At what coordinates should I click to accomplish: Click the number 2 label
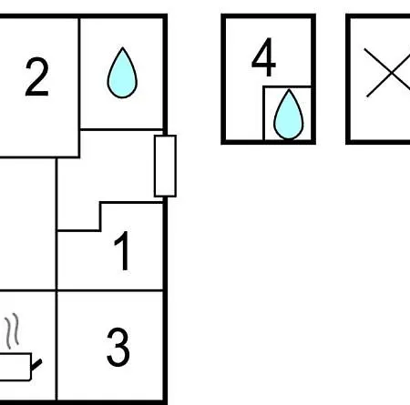[x=36, y=76]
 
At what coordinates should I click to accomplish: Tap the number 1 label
[x=122, y=250]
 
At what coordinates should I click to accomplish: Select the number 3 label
[x=118, y=347]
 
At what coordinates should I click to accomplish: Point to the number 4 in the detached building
[x=263, y=57]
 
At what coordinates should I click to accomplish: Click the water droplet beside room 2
[x=122, y=73]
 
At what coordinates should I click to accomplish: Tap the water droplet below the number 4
[x=288, y=115]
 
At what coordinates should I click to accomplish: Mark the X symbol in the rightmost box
[x=387, y=73]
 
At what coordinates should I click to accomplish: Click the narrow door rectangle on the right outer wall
[x=165, y=166]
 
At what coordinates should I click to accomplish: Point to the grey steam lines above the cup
[x=12, y=331]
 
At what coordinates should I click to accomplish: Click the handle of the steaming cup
[x=36, y=365]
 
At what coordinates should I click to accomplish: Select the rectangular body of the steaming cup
[x=15, y=367]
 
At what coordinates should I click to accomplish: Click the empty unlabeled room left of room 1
[x=27, y=225]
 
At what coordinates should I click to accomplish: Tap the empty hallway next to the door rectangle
[x=107, y=170]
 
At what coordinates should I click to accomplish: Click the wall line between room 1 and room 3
[x=110, y=291]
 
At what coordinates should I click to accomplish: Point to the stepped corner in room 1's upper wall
[x=100, y=202]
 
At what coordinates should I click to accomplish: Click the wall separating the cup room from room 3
[x=56, y=345]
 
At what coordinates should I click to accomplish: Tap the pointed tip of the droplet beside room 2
[x=122, y=47]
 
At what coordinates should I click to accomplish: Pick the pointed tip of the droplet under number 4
[x=289, y=89]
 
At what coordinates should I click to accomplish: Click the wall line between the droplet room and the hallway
[x=121, y=130]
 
